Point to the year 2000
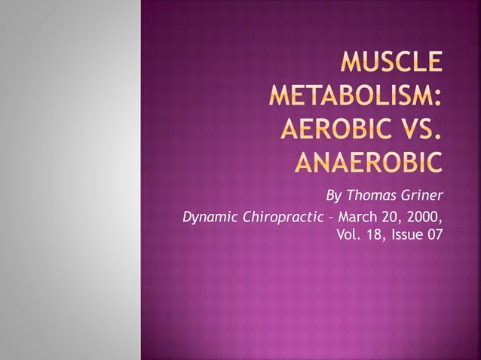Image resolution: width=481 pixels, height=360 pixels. pyautogui.click(x=423, y=218)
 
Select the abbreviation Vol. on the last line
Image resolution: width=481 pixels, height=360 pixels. pyautogui.click(x=348, y=236)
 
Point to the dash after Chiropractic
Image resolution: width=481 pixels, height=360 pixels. pyautogui.click(x=324, y=218)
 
